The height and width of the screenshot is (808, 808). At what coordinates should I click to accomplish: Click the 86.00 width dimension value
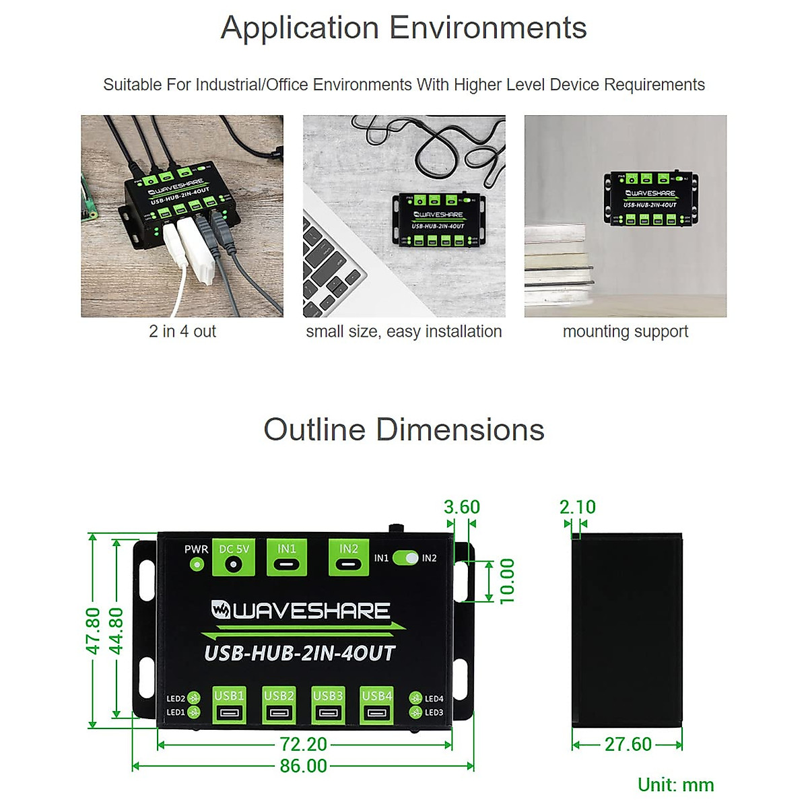[303, 766]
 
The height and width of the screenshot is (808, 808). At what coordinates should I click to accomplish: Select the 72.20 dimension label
[303, 745]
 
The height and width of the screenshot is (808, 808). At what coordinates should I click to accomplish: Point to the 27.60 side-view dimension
[628, 745]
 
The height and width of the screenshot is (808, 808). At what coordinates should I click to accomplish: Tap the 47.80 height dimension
[93, 630]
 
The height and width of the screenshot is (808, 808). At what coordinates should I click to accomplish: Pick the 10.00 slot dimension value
[507, 580]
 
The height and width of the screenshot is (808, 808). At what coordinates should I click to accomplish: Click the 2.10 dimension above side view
[577, 507]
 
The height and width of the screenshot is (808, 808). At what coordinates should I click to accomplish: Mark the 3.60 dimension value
[462, 507]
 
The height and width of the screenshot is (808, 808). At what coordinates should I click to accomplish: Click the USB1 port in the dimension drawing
[229, 712]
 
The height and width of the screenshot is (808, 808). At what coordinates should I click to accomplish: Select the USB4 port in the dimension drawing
[377, 712]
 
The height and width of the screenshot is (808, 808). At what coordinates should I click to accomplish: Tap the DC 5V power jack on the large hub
[233, 564]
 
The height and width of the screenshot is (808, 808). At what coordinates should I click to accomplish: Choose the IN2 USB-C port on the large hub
[348, 564]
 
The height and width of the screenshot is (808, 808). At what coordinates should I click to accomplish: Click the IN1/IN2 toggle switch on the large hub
[405, 558]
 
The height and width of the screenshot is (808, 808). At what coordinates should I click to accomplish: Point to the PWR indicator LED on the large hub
[197, 564]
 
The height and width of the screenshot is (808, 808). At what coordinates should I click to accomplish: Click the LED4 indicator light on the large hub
[415, 699]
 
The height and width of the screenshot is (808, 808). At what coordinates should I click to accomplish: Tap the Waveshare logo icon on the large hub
[221, 610]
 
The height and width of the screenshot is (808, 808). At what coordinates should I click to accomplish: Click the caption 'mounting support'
[626, 331]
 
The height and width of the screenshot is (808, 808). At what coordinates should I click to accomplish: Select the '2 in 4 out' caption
[182, 331]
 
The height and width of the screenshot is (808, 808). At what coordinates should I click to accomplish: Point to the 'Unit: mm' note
[675, 785]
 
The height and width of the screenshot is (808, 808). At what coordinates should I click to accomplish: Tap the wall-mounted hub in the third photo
[650, 198]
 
